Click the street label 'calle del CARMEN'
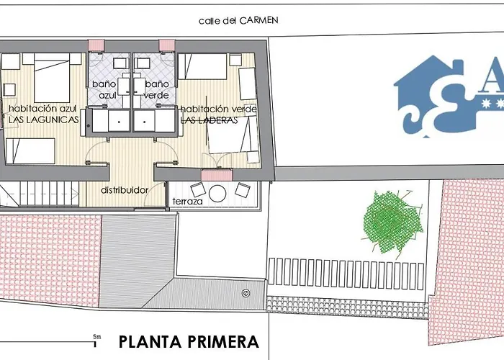238,21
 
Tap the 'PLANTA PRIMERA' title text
188,341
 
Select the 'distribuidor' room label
125,190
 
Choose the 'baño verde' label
156,89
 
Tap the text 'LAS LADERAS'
210,120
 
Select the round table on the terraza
217,193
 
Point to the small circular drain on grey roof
246,293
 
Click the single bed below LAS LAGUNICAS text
30,150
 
